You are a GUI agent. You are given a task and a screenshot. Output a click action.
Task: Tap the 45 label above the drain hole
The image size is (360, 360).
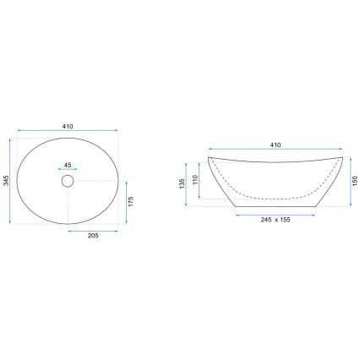(68, 165)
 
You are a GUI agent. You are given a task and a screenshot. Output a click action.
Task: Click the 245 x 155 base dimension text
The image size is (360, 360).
(263, 218)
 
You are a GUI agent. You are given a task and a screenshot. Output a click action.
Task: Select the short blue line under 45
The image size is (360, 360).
(68, 170)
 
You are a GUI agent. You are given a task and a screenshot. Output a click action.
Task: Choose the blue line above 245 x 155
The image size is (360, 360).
(263, 211)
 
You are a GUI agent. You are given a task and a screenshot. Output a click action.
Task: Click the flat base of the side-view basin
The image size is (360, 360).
(263, 205)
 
